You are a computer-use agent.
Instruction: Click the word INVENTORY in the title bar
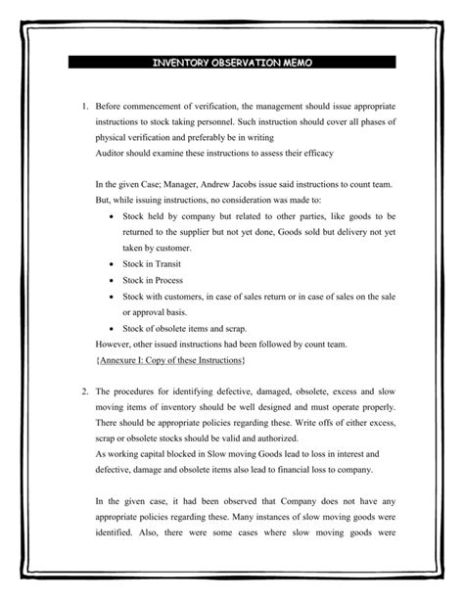click(181, 63)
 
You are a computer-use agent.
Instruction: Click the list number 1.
click(85, 105)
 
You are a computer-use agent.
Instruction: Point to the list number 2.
click(85, 392)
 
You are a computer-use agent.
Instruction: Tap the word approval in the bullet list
click(150, 312)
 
